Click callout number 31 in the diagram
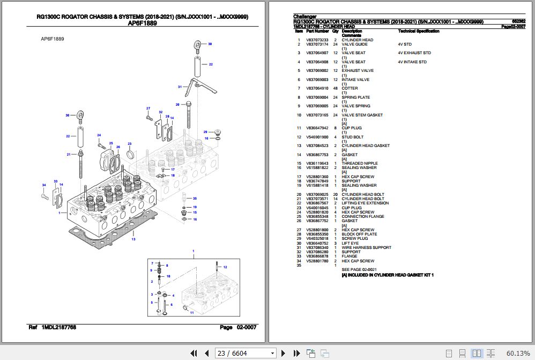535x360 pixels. (x=180, y=86)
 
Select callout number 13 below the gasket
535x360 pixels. (x=133, y=239)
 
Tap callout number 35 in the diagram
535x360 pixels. (x=195, y=199)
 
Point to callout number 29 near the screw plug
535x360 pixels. (x=205, y=131)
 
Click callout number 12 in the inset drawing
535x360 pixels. (x=225, y=267)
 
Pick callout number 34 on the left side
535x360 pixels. (x=44, y=185)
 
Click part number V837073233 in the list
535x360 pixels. (x=317, y=40)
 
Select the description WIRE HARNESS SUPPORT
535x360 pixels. (x=366, y=247)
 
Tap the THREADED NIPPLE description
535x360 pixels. (x=359, y=164)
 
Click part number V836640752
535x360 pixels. (x=317, y=243)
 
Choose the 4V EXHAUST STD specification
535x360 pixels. (x=414, y=53)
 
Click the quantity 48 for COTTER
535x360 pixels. (x=335, y=89)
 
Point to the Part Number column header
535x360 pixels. (x=317, y=32)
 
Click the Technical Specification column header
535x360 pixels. (x=418, y=32)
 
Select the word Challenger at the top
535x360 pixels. (x=305, y=17)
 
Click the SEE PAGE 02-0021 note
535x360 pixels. (x=359, y=269)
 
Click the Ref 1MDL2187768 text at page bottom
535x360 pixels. (x=52, y=327)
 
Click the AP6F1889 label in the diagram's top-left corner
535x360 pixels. (x=53, y=39)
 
